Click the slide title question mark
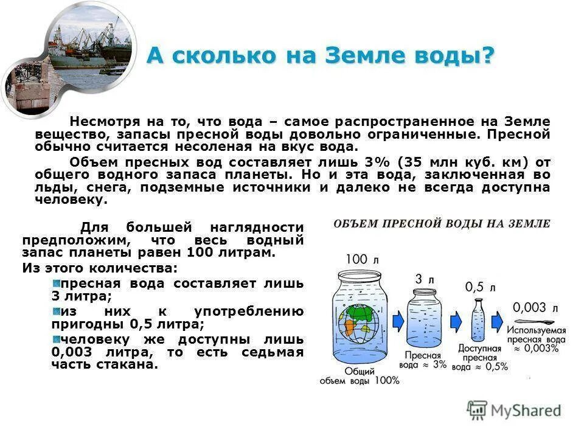click(488, 56)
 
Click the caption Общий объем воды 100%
click(360, 375)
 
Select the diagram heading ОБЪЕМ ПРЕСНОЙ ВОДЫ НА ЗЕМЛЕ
click(442, 224)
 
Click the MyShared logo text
click(527, 411)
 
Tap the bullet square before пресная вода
click(56, 283)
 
